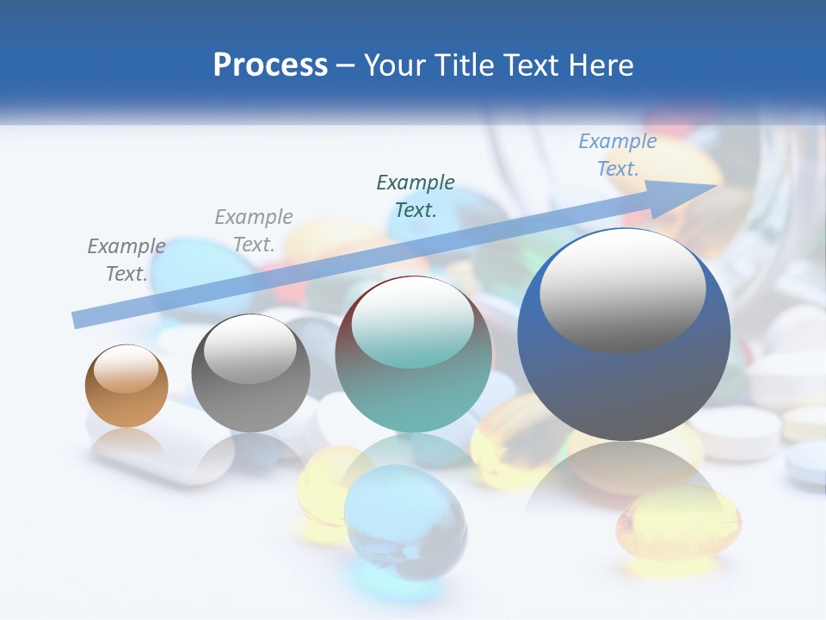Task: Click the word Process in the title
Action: coord(270,65)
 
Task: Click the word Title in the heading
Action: coord(464,65)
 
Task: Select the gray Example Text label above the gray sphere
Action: coord(254,231)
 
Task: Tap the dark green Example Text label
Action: coord(416,195)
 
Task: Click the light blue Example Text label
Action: coord(618,155)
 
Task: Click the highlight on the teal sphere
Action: coord(413,323)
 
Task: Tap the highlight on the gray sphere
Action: coord(250,349)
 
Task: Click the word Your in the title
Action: coord(397,65)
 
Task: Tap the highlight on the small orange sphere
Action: coord(126,368)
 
